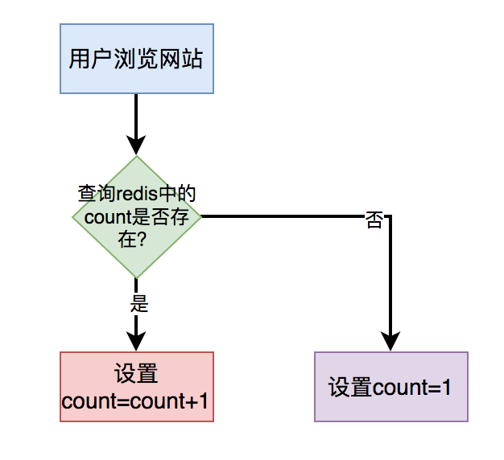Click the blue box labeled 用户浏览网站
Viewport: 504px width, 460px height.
136,59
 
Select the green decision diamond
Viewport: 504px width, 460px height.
136,216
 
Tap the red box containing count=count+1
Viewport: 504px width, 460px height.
136,387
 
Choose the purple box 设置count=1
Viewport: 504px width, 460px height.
390,387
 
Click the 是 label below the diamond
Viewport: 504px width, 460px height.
138,304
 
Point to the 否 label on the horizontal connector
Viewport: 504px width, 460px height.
374,220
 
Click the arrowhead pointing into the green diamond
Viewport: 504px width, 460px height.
136,146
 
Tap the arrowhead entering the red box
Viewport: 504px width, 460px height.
136,342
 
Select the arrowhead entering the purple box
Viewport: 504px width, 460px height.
390,342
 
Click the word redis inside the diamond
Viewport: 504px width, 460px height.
143,195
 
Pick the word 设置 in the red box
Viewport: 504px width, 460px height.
136,374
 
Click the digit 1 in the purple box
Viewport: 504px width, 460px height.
445,388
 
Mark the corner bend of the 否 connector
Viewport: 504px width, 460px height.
390,216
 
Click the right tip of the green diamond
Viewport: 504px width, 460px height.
199,216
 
